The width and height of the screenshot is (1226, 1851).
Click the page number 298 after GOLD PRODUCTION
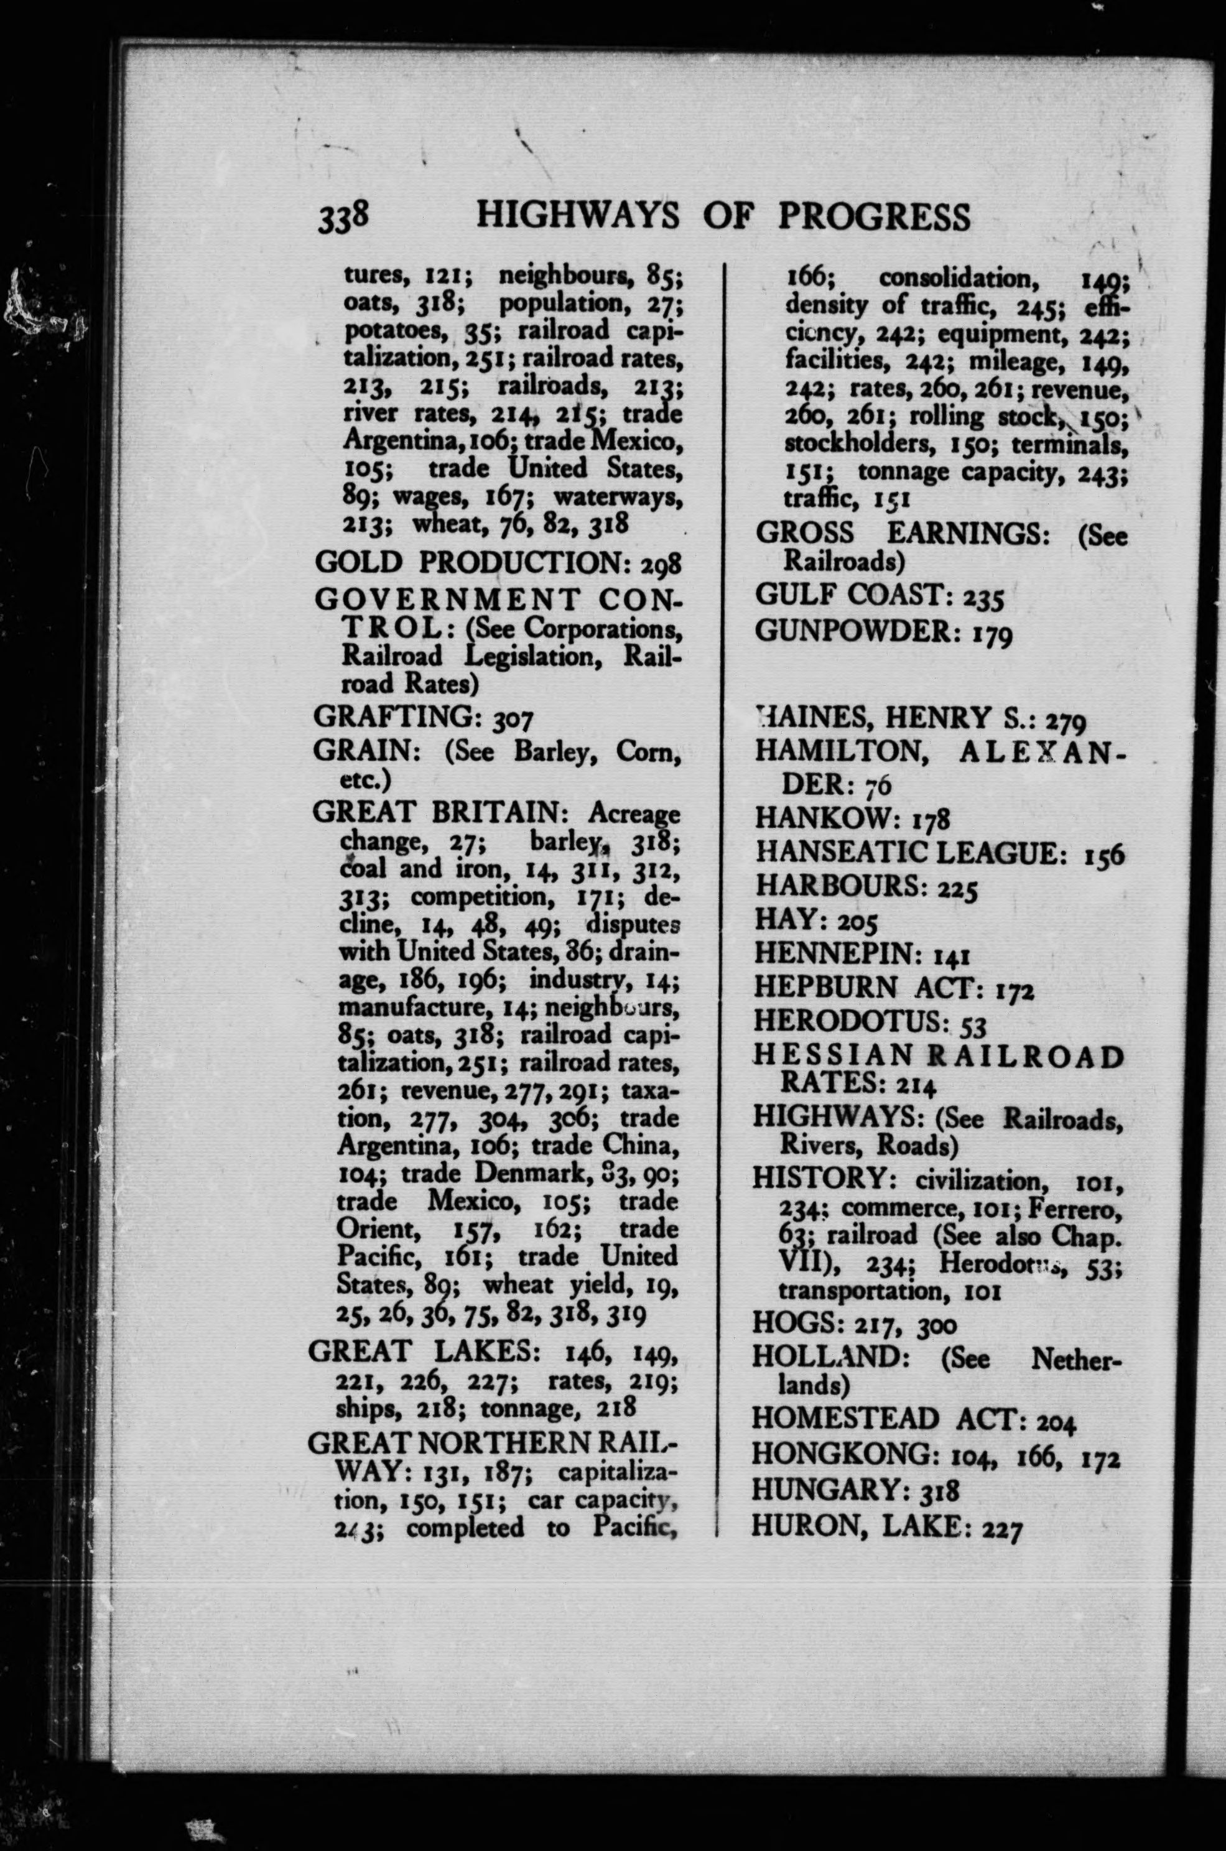661,563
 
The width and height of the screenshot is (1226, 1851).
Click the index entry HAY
784,920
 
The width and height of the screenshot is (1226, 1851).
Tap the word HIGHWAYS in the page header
578,216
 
